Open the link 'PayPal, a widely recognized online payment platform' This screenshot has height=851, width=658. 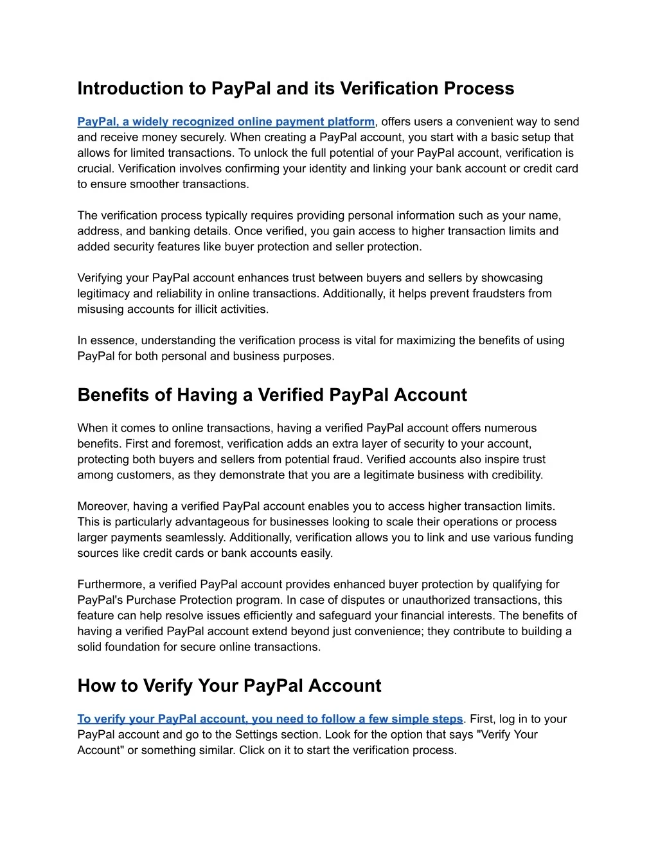(226, 122)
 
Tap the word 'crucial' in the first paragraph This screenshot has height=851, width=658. (95, 169)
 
